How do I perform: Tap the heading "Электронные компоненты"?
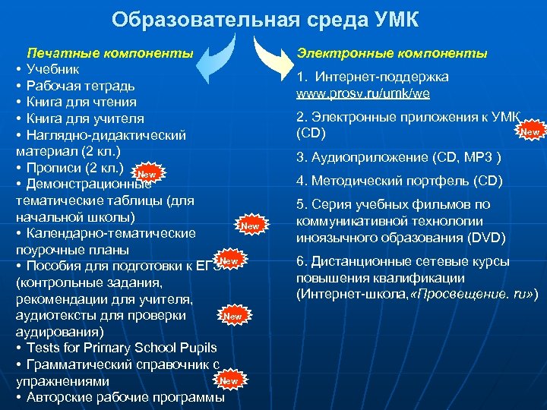(x=392, y=53)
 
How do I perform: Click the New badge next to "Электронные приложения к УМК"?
(x=530, y=132)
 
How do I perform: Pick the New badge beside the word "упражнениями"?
(x=228, y=380)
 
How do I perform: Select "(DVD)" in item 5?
(x=487, y=237)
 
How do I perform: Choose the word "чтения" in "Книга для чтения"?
(x=116, y=102)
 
